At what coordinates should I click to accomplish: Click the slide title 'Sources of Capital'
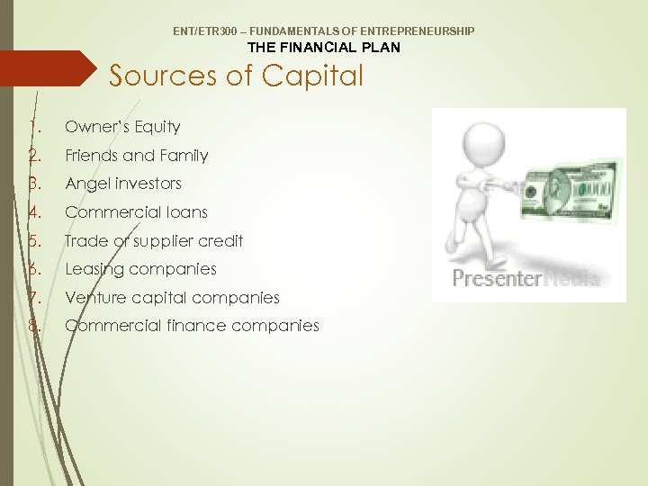coord(236,76)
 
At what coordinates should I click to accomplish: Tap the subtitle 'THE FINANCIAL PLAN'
coord(323,47)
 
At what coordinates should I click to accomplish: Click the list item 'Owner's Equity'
coord(122,127)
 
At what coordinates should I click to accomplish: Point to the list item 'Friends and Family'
coord(136,156)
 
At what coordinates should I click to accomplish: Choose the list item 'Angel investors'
coord(123,184)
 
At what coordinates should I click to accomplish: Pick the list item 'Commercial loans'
coord(136,212)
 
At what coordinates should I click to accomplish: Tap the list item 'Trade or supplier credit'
coord(154,240)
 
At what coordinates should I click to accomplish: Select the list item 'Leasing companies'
coord(140,269)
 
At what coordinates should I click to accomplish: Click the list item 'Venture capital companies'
coord(172,297)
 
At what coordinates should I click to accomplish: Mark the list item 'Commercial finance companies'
coord(192,326)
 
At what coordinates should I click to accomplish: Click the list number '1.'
coord(34,127)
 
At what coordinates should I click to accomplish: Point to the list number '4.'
coord(34,212)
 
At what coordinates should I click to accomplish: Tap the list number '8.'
coord(34,326)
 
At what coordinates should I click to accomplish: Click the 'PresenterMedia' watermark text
coord(526,279)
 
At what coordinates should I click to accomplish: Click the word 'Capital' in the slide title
coord(312,76)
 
